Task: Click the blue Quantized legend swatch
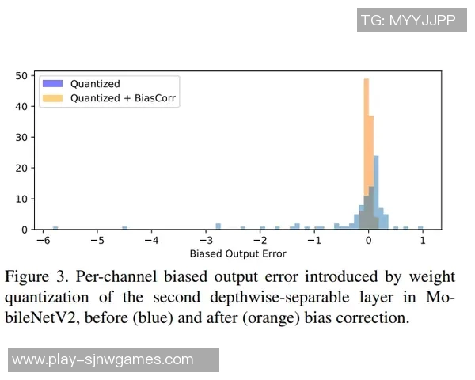point(53,83)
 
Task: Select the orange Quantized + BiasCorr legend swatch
point(53,98)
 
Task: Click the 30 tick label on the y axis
point(22,137)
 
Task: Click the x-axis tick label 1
point(422,240)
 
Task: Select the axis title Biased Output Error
point(237,253)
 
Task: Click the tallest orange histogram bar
point(367,150)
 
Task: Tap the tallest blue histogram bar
point(376,190)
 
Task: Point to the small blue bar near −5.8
point(55,228)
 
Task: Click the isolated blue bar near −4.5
point(124,228)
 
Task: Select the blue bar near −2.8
point(218,226)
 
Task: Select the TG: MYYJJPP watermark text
point(408,21)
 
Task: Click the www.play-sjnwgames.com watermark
point(103,359)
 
